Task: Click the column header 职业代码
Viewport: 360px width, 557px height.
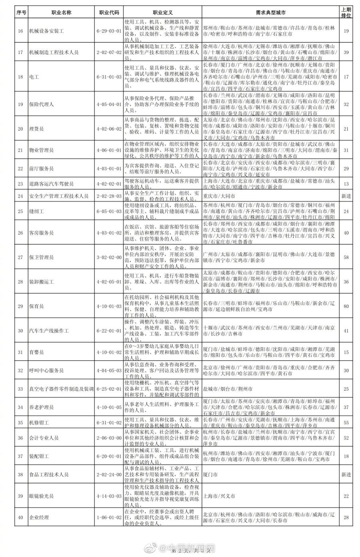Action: tap(109, 12)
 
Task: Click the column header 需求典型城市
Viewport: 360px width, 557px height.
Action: tap(270, 12)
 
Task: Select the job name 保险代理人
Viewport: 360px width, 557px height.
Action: tap(41, 104)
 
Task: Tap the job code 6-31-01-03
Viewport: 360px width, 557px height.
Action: tap(109, 77)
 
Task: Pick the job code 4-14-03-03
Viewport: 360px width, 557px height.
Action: tap(109, 496)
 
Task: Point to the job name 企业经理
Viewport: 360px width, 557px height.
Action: tap(39, 517)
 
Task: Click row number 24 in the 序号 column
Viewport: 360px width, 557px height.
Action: tap(21, 196)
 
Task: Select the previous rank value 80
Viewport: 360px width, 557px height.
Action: tap(346, 306)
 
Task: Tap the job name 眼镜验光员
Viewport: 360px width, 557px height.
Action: tap(41, 496)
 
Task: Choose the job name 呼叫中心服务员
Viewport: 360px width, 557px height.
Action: tap(46, 371)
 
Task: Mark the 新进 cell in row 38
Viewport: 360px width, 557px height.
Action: tap(346, 475)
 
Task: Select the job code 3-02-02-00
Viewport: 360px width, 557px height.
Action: tap(109, 257)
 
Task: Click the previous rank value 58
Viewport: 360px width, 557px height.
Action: tap(346, 257)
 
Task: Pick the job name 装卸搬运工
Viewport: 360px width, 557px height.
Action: tap(41, 282)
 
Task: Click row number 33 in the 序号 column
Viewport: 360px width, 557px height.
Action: tap(21, 389)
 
